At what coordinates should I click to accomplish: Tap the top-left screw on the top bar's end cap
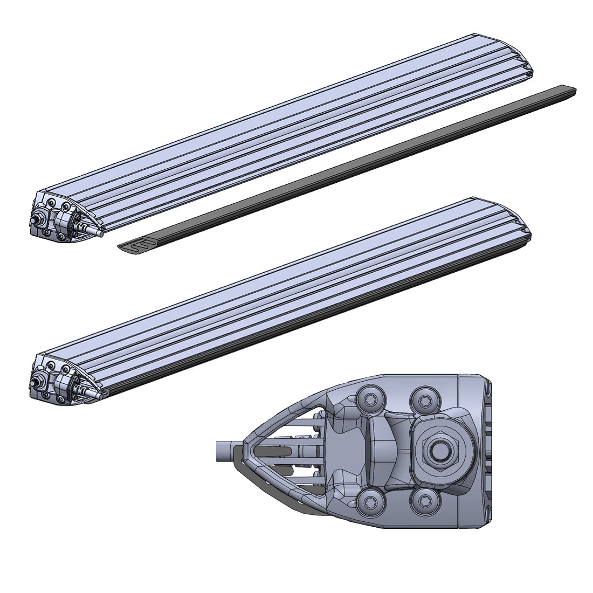coord(51,202)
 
